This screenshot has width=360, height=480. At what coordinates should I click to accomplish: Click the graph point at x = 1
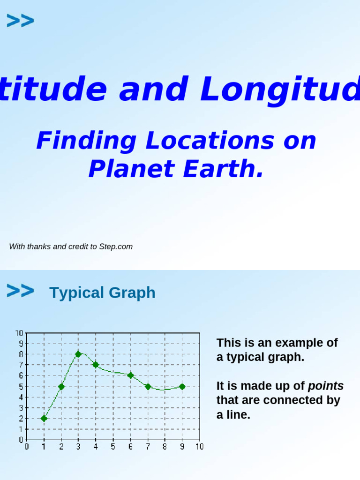44,419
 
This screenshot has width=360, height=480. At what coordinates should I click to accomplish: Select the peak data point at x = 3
78,354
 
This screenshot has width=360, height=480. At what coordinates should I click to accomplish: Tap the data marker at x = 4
96,365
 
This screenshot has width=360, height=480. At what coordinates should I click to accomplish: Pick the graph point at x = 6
130,375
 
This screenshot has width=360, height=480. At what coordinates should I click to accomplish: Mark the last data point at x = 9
182,387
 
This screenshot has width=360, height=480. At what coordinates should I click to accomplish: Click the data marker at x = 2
61,387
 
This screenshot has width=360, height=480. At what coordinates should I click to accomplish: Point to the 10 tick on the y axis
19,333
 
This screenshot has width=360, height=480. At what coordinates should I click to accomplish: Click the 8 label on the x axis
165,447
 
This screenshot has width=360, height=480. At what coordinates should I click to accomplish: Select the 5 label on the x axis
113,447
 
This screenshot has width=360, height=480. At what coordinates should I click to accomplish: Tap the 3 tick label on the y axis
21,408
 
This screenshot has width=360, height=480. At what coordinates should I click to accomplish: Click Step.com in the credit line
116,247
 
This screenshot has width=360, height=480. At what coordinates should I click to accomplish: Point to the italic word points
326,386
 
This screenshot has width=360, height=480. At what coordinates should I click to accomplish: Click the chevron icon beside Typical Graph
20,291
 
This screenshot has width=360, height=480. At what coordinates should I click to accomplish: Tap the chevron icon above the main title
20,21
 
